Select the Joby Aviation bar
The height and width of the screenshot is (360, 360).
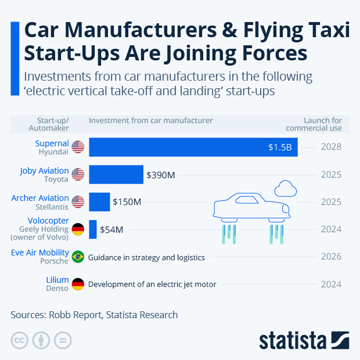tap(116, 174)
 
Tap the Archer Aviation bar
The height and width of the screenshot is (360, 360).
tap(99, 202)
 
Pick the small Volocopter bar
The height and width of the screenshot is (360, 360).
tap(93, 229)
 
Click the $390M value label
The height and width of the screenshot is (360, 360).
tap(161, 174)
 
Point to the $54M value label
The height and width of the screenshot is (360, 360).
tap(111, 229)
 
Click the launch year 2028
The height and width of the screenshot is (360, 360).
tap(331, 147)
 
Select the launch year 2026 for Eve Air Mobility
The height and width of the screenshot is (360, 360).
tap(331, 257)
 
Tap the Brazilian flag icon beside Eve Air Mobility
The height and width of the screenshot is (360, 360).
tap(78, 257)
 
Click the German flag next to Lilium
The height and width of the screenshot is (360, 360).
tap(78, 285)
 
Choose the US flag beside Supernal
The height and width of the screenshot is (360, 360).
tap(78, 147)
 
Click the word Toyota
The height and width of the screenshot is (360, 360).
tap(56, 180)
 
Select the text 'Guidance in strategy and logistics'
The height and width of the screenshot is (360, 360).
tap(146, 257)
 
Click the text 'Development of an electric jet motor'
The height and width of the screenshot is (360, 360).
tap(152, 285)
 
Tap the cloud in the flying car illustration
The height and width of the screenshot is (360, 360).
tap(285, 189)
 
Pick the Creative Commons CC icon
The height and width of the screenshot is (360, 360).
tap(19, 340)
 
